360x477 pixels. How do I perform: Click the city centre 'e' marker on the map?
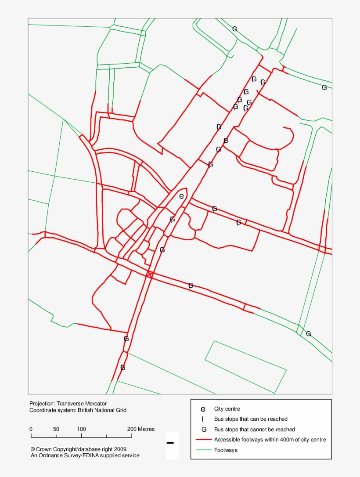click(x=181, y=196)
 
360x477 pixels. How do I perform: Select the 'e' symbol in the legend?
click(x=203, y=409)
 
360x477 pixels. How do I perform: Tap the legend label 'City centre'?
click(x=227, y=409)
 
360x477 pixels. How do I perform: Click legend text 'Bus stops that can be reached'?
click(x=251, y=419)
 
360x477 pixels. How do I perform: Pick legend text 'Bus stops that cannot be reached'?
click(x=254, y=429)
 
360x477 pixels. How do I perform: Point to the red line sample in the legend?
click(x=203, y=440)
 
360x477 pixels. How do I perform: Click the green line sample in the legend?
click(x=203, y=450)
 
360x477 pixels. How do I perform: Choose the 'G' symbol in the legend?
click(x=203, y=430)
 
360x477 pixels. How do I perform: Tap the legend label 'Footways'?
click(x=226, y=450)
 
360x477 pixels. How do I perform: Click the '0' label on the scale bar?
click(x=31, y=429)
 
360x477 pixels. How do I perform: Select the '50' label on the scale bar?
click(x=56, y=429)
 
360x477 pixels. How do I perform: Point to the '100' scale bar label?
click(x=81, y=429)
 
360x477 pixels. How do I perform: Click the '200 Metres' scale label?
click(x=140, y=429)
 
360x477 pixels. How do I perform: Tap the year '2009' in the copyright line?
click(x=120, y=449)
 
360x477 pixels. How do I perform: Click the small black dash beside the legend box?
click(x=170, y=443)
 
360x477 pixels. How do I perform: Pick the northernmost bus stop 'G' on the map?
click(x=235, y=29)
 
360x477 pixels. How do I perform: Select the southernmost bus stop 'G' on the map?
click(x=123, y=368)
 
